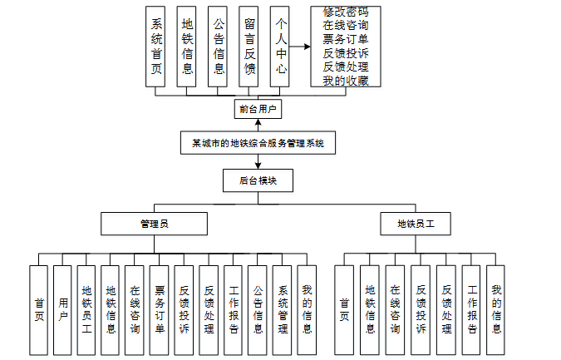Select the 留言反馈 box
pyautogui.click(x=249, y=47)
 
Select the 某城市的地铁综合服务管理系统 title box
pyautogui.click(x=258, y=143)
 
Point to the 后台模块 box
pyautogui.click(x=258, y=180)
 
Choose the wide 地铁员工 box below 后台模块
pyautogui.click(x=416, y=224)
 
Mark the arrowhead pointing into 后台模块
pyautogui.click(x=258, y=166)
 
